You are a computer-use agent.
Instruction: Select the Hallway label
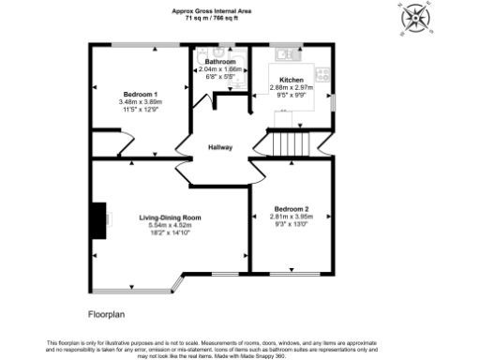(220, 147)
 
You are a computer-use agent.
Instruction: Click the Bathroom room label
(221, 62)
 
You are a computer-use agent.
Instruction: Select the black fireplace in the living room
(96, 219)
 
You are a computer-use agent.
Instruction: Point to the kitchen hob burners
(324, 74)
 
